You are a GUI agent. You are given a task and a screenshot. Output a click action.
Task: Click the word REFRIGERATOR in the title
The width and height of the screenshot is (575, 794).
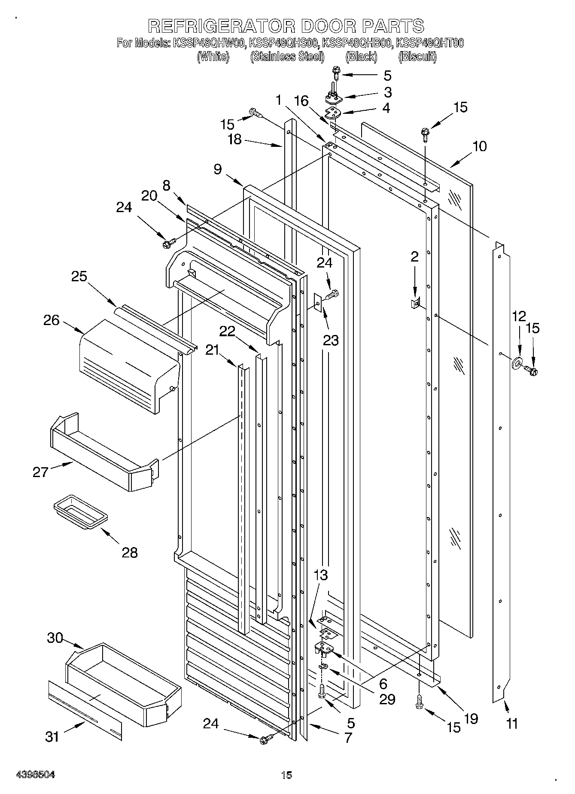click(x=221, y=26)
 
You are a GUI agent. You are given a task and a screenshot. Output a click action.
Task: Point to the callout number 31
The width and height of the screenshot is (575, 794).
click(x=52, y=737)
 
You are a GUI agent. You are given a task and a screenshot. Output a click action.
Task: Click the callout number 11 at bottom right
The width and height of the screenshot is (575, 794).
click(x=511, y=724)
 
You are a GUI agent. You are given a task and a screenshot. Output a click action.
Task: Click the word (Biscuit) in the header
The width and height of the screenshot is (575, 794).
click(x=417, y=57)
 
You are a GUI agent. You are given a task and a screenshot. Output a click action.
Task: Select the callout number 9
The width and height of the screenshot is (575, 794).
click(x=218, y=170)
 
